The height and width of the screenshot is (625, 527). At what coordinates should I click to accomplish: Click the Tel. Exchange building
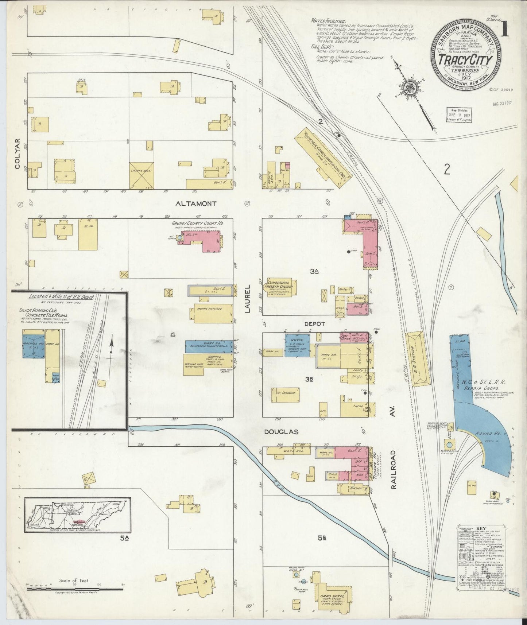[x=286, y=394]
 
